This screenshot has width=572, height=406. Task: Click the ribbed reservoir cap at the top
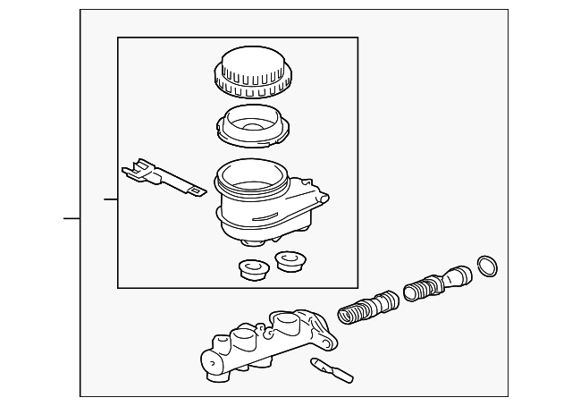point(250,72)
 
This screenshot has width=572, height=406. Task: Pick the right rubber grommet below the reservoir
point(288,261)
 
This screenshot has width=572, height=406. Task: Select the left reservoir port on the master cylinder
point(241,339)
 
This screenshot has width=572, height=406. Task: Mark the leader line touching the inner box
point(111,199)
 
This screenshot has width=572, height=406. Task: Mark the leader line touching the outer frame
point(71,217)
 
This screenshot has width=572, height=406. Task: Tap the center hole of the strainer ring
point(250,125)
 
